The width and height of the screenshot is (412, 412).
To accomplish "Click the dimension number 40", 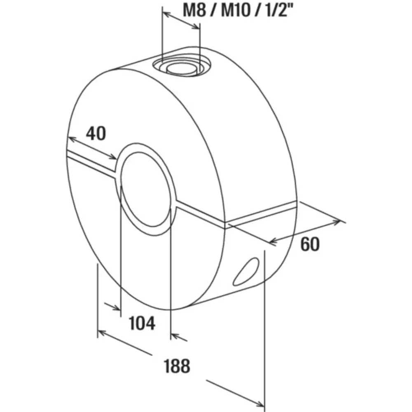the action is point(96,133).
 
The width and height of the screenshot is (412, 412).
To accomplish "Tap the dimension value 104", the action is point(142,323).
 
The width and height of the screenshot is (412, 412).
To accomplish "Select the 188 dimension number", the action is point(177,365).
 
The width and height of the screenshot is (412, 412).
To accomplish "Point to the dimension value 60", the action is point(310,244).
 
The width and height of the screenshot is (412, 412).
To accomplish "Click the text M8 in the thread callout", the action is point(194,10).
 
